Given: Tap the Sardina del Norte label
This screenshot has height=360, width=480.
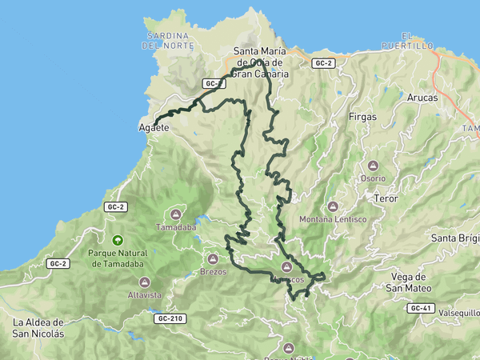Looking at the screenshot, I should [x=167, y=41].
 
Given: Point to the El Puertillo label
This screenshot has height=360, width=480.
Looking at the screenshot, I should [x=417, y=41].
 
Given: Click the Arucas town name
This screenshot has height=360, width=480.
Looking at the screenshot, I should [x=422, y=97].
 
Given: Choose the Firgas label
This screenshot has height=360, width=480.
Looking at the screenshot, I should [x=363, y=117].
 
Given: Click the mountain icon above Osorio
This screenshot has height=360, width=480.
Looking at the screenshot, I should [x=372, y=165].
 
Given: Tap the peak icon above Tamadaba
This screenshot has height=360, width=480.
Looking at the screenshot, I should [x=176, y=214].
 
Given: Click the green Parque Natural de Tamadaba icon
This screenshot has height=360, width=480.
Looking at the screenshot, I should [x=118, y=240].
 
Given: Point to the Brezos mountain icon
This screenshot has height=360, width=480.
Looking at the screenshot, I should [x=213, y=258].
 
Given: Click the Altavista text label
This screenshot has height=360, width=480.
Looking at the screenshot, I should [x=144, y=294].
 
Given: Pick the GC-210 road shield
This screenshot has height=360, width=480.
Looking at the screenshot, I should [x=170, y=318].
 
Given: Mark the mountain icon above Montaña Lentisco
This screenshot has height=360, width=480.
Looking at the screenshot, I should [x=333, y=206].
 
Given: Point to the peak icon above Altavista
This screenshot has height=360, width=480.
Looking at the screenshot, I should [x=144, y=281].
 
